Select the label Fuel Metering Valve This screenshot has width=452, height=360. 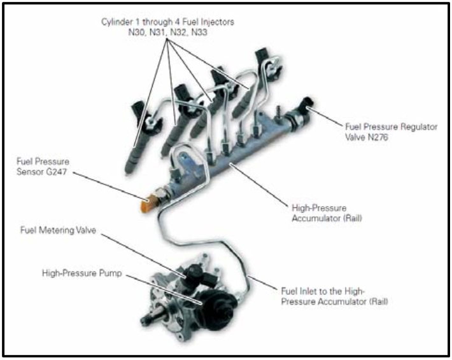click(x=57, y=231)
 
